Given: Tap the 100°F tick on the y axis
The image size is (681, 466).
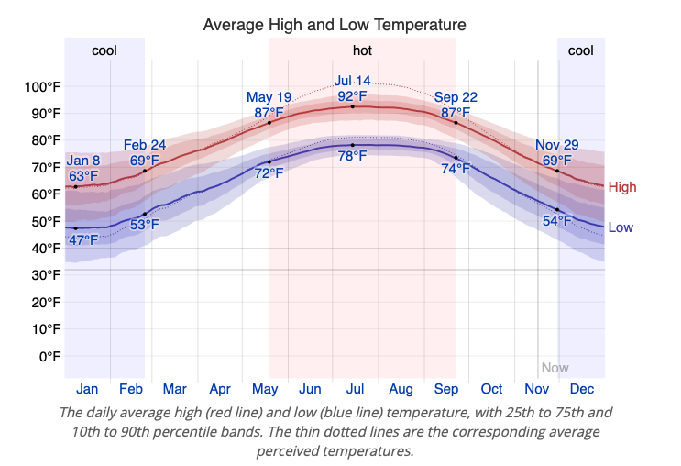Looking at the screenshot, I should (x=42, y=87).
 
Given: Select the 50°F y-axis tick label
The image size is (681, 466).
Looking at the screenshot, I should (x=46, y=221).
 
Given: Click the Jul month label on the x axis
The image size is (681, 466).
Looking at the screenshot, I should (x=353, y=389).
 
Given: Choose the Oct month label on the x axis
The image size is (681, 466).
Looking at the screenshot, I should (x=491, y=389).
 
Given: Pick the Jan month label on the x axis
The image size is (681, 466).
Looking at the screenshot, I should (x=87, y=389).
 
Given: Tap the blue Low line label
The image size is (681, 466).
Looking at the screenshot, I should (x=621, y=227).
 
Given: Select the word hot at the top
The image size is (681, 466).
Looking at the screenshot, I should (x=362, y=50).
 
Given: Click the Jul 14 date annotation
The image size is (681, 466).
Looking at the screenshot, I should (x=352, y=81).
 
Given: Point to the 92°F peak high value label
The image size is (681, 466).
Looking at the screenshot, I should (x=352, y=96).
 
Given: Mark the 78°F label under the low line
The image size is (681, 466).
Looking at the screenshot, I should (x=352, y=156).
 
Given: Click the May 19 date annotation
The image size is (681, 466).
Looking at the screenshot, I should (x=269, y=97).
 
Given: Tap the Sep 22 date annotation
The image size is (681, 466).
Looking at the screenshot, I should (x=456, y=97).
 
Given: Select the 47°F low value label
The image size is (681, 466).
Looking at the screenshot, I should (x=83, y=240).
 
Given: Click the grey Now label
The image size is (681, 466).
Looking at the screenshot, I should (x=555, y=368).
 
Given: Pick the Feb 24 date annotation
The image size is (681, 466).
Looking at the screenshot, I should (x=145, y=145).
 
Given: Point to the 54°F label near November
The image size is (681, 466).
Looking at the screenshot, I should (x=556, y=221).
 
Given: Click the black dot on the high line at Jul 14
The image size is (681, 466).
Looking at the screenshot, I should (x=353, y=106).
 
